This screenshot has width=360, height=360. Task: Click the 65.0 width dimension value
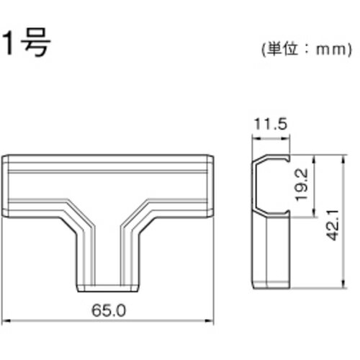point(109,310)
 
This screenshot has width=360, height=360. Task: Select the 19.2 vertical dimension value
point(302,184)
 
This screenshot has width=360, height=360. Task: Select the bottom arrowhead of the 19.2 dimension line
point(314,213)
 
